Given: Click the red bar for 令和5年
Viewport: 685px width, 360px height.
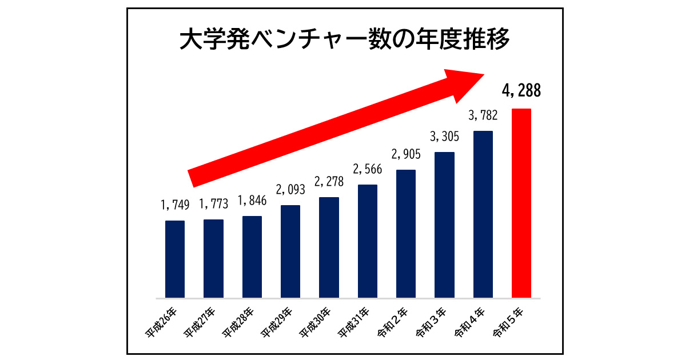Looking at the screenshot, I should [521, 203].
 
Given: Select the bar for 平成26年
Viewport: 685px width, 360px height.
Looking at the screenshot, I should [175, 259].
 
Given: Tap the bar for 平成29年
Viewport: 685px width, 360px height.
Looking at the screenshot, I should [290, 251].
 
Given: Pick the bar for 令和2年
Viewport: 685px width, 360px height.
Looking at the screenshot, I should [406, 234].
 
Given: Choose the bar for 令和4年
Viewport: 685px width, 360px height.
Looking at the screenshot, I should [483, 214].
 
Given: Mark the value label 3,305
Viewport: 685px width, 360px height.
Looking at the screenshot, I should [445, 136].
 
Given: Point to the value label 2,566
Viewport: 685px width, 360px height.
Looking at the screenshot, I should [368, 169].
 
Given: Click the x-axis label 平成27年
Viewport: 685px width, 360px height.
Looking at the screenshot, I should [200, 323].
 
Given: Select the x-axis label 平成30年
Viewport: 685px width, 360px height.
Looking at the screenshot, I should [316, 323].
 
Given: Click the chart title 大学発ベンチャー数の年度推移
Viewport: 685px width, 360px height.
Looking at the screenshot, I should [342, 41].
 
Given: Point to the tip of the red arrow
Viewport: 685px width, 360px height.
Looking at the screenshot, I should [485, 75].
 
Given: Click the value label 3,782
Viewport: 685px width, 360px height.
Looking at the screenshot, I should [483, 116].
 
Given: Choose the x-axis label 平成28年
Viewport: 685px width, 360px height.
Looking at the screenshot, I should [238, 323].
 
